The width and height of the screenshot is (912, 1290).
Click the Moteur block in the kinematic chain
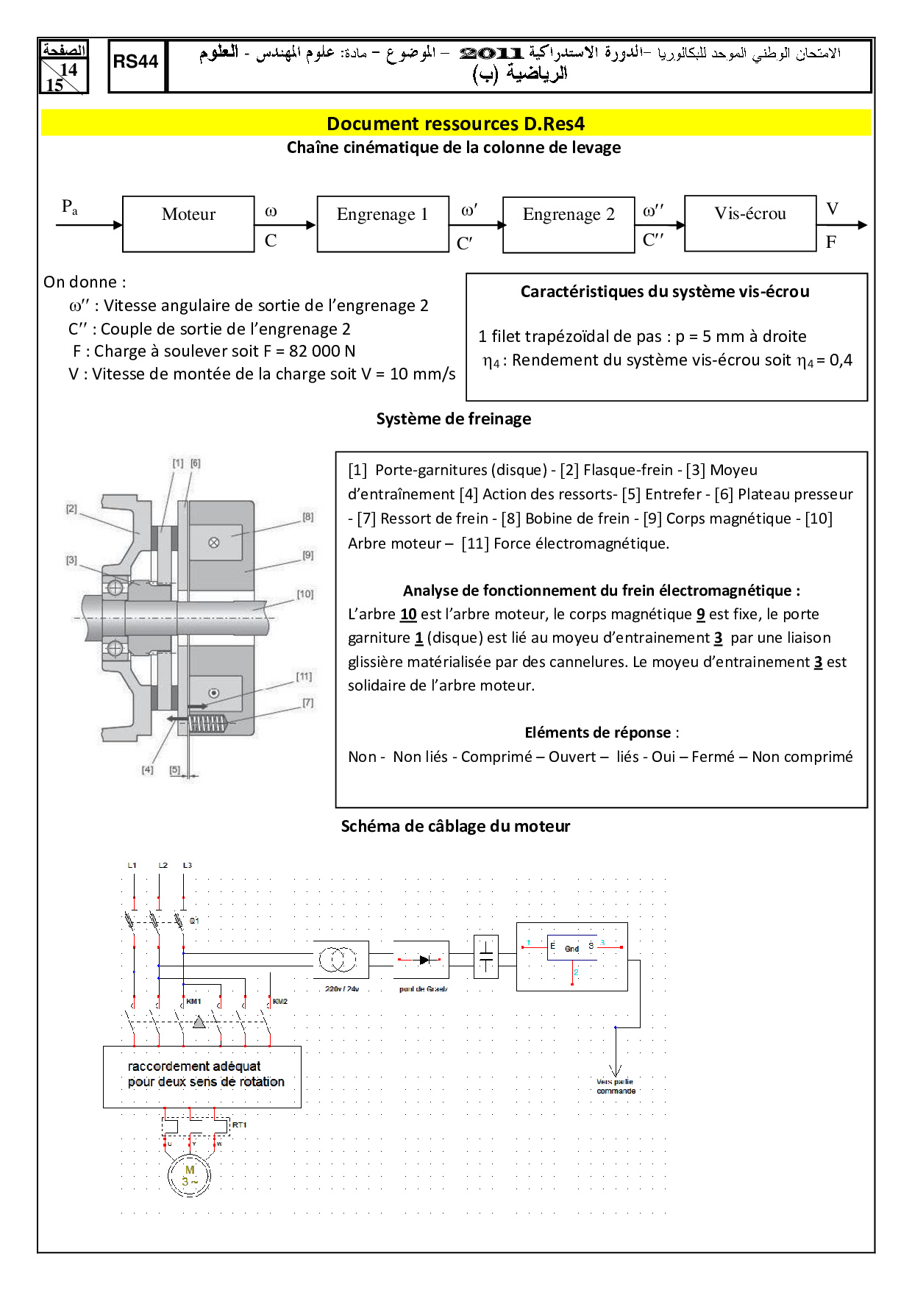(x=188, y=224)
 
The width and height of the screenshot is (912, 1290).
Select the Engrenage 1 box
(x=382, y=224)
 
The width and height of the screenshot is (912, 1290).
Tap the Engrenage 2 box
(x=569, y=224)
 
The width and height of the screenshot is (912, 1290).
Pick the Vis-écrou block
(x=750, y=223)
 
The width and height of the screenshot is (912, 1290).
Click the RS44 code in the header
(x=136, y=62)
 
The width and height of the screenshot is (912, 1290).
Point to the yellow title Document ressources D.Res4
(x=455, y=124)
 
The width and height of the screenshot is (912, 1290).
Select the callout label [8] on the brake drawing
(x=308, y=517)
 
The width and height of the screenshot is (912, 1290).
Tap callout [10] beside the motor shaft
(x=305, y=594)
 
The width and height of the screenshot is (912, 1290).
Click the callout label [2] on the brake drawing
(x=71, y=508)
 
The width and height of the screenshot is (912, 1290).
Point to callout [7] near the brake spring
(x=307, y=703)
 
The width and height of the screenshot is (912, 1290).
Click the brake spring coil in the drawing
(x=207, y=724)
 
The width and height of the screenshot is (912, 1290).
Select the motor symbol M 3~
(x=190, y=1175)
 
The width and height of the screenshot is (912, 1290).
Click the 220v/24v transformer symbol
(x=338, y=959)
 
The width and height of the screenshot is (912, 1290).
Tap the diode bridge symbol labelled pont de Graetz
(x=421, y=960)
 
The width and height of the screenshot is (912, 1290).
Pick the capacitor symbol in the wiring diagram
(x=486, y=957)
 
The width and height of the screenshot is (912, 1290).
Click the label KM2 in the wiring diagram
(x=280, y=1002)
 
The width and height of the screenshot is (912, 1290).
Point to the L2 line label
(x=163, y=866)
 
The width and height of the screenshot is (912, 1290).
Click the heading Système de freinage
(x=454, y=419)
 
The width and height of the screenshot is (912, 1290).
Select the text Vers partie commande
(x=616, y=1086)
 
